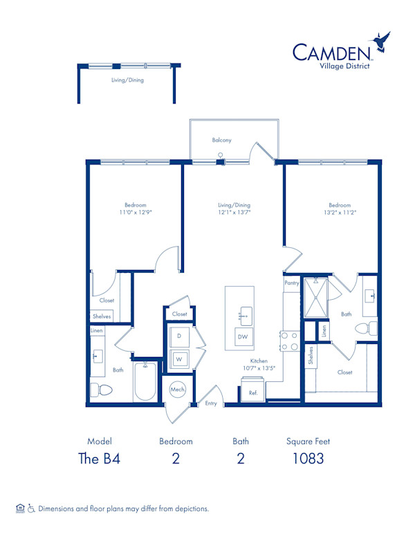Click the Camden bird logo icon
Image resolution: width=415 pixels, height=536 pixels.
click(381, 43)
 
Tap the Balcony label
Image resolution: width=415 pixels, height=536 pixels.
click(221, 140)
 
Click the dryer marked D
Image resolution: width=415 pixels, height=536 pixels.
click(178, 336)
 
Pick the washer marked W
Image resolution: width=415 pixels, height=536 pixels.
click(178, 359)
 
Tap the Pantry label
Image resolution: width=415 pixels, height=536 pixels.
click(292, 283)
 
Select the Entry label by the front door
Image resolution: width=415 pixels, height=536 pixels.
click(211, 403)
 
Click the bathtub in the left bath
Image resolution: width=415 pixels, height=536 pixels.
click(145, 381)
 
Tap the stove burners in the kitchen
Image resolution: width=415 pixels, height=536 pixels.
click(289, 341)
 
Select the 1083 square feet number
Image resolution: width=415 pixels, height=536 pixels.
click(308, 458)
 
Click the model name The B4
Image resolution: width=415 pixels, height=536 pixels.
click(100, 458)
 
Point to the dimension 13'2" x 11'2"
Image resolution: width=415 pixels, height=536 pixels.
click(340, 213)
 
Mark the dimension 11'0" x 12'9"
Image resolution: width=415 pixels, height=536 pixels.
click(136, 213)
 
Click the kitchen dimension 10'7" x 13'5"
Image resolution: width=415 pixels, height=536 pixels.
click(259, 368)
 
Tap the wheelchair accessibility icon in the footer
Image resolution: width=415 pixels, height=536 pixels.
click(30, 508)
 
